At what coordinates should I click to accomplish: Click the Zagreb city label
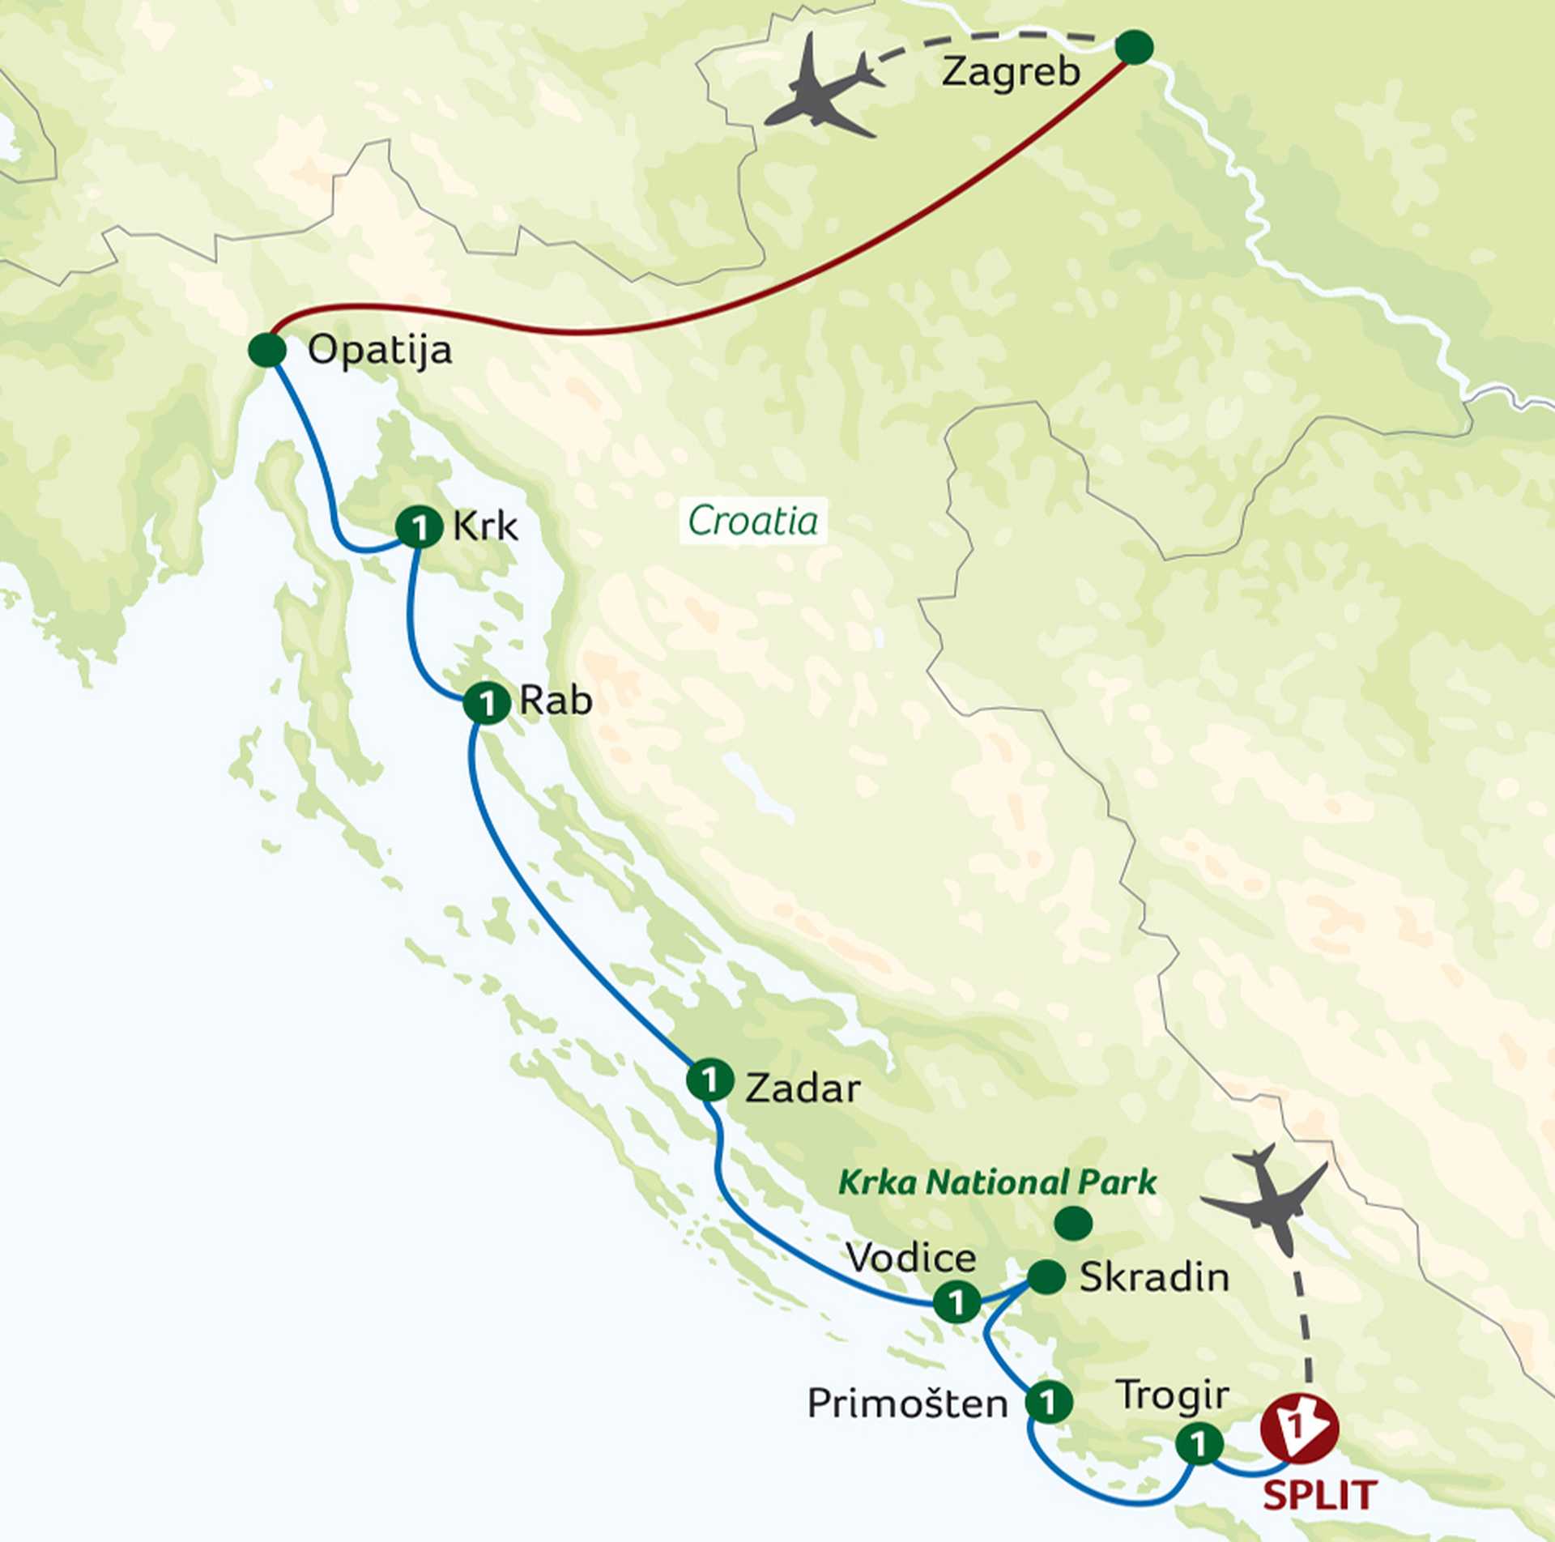1011,73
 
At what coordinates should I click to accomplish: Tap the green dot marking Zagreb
1134,48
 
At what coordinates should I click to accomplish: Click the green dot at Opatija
267,351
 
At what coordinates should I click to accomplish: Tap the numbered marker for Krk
419,528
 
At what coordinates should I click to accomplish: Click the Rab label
556,701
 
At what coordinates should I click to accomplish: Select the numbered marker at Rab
486,703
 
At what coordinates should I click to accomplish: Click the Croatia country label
752,521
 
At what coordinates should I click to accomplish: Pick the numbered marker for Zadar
709,1080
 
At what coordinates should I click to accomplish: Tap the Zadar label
802,1088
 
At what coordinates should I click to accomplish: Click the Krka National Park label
997,1182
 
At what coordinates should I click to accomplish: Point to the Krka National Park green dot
1074,1224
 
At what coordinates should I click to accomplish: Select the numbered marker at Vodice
956,1302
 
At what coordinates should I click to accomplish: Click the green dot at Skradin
1046,1277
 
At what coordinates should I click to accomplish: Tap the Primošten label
907,1403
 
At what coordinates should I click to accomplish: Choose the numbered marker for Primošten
1049,1402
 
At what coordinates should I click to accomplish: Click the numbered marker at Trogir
1199,1443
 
